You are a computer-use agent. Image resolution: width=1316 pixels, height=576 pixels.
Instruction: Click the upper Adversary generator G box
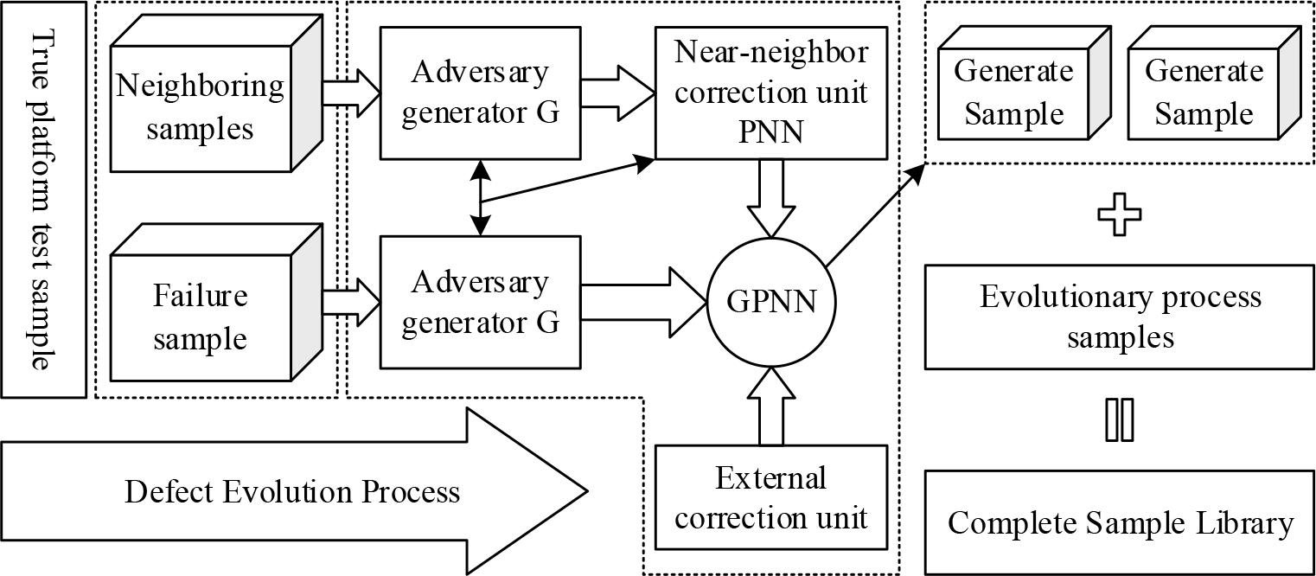pos(480,93)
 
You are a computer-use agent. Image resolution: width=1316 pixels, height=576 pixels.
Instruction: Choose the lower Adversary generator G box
pos(480,302)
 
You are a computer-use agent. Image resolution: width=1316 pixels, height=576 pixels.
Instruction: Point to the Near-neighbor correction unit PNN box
pos(771,93)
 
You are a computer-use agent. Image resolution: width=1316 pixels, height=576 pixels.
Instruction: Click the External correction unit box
pos(771,497)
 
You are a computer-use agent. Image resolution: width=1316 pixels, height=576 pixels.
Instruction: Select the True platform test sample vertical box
pos(43,199)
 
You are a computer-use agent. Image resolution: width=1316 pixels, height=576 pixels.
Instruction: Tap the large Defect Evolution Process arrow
pos(294,492)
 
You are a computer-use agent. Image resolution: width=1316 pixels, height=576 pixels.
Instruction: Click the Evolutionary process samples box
pos(1120,317)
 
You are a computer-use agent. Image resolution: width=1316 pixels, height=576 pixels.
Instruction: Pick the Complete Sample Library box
pos(1120,522)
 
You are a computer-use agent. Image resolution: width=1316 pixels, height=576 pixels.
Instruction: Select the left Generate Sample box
pos(1013,93)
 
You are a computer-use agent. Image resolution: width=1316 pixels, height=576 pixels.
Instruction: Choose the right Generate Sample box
pos(1204,93)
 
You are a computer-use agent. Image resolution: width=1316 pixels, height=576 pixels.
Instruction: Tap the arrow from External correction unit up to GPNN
pos(771,406)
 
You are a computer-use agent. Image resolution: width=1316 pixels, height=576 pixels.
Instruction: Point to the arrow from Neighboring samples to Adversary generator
pos(351,93)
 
